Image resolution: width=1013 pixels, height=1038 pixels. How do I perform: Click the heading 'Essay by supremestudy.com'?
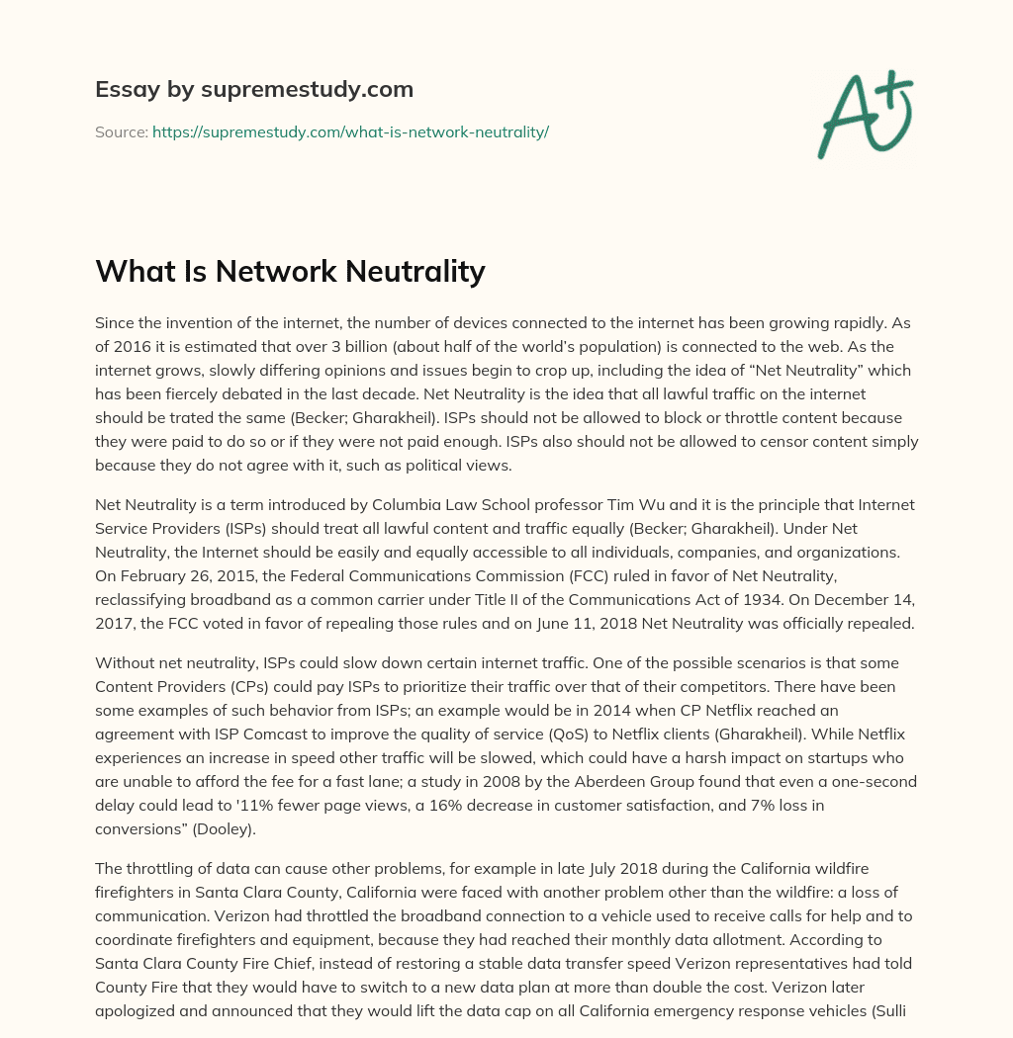coord(254,90)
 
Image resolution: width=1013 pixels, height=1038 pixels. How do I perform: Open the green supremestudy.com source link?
coord(350,131)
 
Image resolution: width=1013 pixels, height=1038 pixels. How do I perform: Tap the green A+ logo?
coord(864,113)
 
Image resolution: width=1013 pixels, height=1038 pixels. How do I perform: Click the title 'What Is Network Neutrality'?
coord(290,272)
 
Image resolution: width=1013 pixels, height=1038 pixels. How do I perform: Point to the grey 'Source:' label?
coord(121,131)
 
